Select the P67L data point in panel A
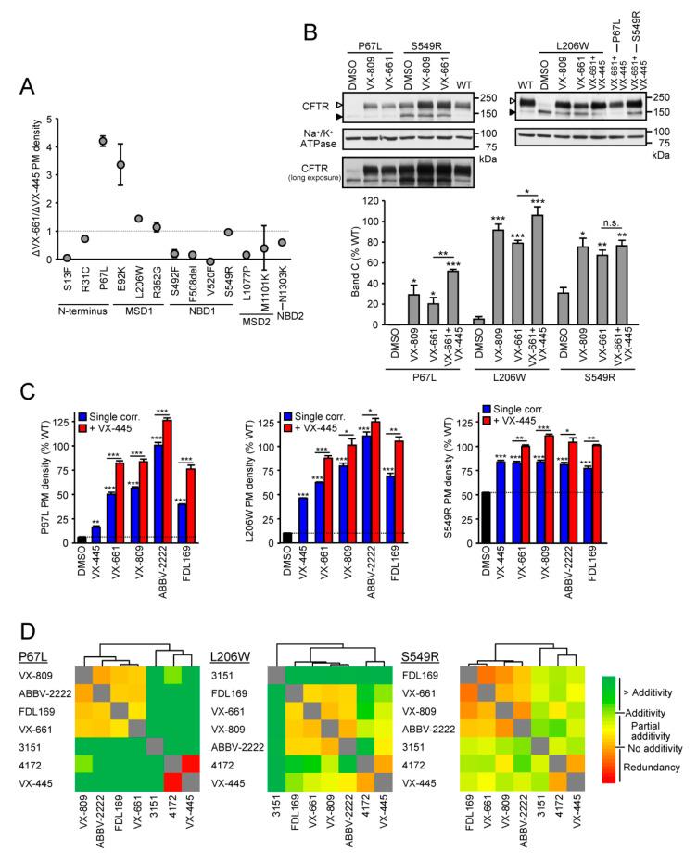[103, 141]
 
